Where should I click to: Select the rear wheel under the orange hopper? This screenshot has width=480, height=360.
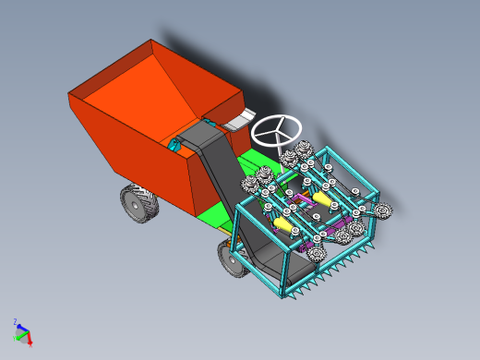click(138, 202)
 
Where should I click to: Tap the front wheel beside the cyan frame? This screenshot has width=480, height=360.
click(232, 259)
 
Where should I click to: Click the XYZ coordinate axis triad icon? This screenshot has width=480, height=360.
click(22, 332)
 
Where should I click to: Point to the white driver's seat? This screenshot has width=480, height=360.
click(242, 116)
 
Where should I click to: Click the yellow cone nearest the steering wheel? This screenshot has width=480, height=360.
click(322, 197)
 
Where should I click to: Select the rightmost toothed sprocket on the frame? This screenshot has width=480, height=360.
click(384, 213)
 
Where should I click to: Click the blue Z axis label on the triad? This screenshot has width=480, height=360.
click(16, 322)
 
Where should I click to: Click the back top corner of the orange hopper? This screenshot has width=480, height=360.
click(151, 41)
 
